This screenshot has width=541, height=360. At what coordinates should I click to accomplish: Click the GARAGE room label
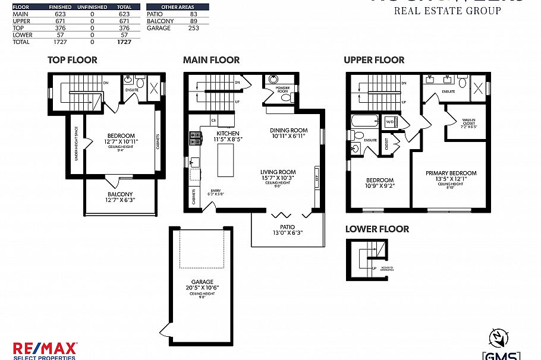(x=202, y=282)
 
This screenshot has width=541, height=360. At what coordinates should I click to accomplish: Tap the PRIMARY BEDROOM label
(x=451, y=173)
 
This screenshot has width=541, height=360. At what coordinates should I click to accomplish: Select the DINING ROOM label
(x=288, y=131)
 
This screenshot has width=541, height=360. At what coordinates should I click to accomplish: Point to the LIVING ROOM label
(x=278, y=172)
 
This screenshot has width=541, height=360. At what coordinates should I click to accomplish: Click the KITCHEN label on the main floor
(x=228, y=133)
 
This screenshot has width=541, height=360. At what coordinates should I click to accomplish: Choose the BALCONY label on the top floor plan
(x=120, y=194)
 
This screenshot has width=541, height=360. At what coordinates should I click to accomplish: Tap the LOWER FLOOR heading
(x=377, y=229)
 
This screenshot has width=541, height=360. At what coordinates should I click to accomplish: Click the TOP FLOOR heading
(x=72, y=60)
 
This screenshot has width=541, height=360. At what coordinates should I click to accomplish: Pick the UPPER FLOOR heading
(x=374, y=60)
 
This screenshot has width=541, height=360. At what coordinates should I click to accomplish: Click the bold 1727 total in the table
(x=124, y=42)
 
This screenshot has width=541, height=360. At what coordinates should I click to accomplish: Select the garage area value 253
(x=193, y=28)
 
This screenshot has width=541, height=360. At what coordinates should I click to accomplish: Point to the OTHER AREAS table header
(x=169, y=7)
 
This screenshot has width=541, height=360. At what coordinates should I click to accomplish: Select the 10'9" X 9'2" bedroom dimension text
(x=379, y=187)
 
